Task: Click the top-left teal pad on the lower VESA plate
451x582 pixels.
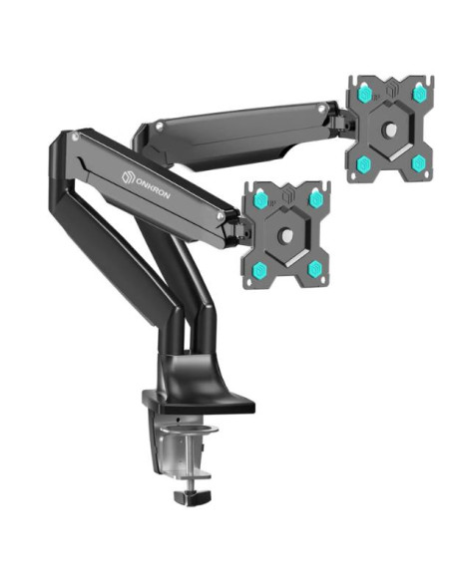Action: click(259, 200)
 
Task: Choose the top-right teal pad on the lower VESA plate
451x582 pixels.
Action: click(315, 199)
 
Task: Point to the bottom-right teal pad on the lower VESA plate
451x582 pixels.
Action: click(315, 267)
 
